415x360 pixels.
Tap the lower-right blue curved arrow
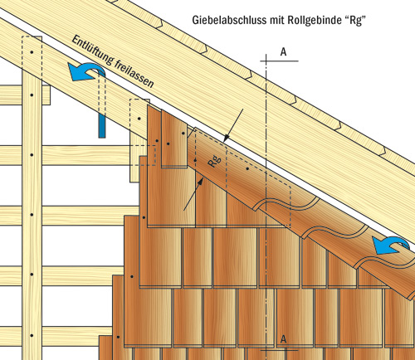click(x=391, y=245)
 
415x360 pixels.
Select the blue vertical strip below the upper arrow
click(x=102, y=126)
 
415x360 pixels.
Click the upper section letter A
click(x=283, y=52)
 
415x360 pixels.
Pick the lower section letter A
click(x=283, y=339)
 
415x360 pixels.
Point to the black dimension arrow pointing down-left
click(x=233, y=125)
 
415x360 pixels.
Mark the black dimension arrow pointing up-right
click(x=193, y=194)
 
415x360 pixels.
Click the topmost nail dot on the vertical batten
click(x=32, y=52)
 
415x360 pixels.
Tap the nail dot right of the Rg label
click(x=247, y=168)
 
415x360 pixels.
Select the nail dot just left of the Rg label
click(x=195, y=160)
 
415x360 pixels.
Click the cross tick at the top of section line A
click(x=266, y=61)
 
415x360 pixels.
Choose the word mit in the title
click(x=277, y=20)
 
